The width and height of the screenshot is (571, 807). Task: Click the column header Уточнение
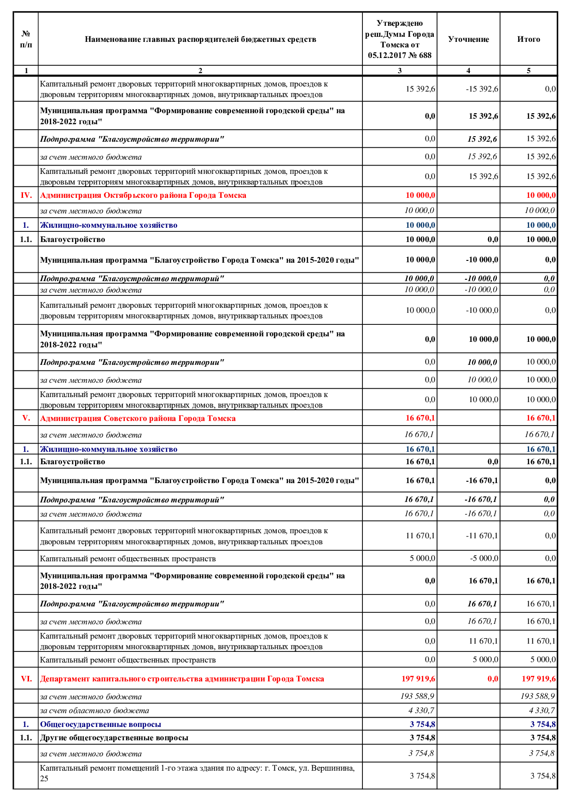click(468, 40)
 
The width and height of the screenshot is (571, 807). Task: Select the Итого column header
click(528, 40)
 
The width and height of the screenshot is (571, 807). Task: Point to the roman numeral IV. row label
click(26, 196)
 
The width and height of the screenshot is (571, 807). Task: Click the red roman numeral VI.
click(26, 679)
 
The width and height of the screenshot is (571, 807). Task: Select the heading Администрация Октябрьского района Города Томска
click(143, 196)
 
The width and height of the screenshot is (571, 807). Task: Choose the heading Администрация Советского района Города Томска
click(138, 418)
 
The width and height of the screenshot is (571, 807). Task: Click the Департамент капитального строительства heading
click(182, 679)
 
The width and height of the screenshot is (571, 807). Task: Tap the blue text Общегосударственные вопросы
click(100, 724)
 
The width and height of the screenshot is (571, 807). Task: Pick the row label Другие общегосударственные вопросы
click(114, 738)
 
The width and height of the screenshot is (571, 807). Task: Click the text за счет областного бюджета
click(94, 710)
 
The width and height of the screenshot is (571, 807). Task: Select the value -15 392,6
click(482, 89)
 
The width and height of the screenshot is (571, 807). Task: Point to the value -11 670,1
click(482, 536)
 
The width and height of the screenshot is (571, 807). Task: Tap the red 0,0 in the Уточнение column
click(492, 679)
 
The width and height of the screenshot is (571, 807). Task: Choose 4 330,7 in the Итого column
click(542, 710)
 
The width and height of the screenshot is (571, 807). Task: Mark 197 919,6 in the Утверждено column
click(418, 679)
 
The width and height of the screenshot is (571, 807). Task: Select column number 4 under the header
click(468, 70)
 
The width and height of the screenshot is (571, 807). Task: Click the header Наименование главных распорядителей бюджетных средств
click(200, 40)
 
